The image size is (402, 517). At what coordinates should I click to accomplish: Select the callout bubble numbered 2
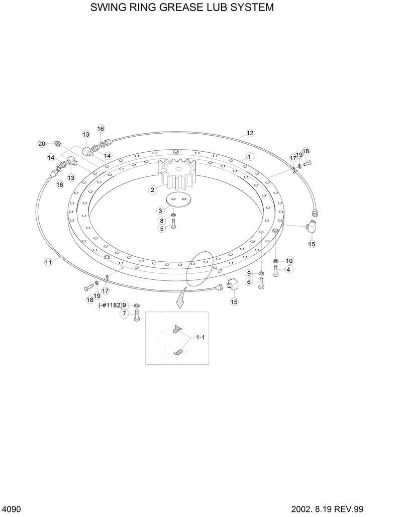(x=152, y=190)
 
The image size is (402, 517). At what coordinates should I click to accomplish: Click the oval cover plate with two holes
(x=179, y=199)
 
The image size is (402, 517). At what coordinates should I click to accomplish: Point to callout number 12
(x=250, y=133)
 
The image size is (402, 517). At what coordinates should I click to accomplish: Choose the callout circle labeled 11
(x=48, y=262)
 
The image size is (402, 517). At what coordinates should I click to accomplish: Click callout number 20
(x=42, y=144)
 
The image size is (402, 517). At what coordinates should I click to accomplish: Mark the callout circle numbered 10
(x=289, y=261)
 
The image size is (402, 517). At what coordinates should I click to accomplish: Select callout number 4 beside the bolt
(x=289, y=270)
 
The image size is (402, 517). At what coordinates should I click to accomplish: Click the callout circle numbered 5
(x=162, y=229)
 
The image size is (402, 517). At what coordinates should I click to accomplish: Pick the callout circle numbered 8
(x=162, y=221)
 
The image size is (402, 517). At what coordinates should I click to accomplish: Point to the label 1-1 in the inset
(x=200, y=338)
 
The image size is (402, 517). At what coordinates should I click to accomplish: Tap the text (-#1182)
(x=110, y=305)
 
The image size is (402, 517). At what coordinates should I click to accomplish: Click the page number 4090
(x=12, y=509)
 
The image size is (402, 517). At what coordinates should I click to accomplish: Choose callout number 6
(x=248, y=282)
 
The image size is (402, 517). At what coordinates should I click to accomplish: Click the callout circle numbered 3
(x=160, y=210)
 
